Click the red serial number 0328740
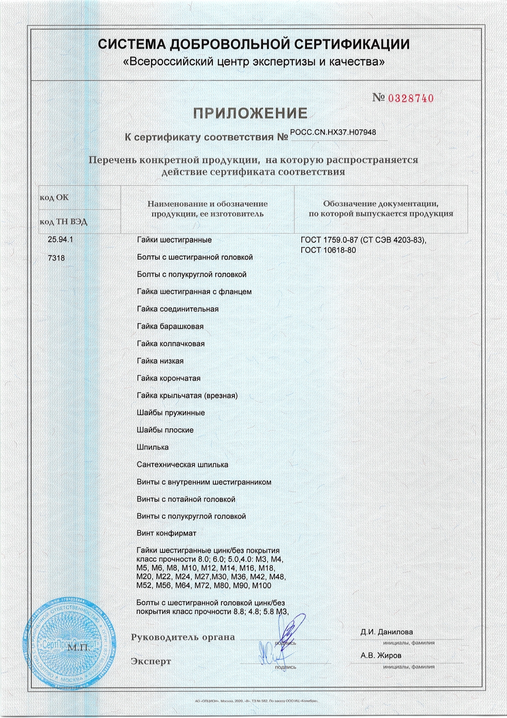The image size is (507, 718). (410, 99)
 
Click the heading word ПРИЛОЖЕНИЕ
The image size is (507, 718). (250, 113)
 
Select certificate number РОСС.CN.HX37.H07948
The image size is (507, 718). (333, 133)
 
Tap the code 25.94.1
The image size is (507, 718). (60, 240)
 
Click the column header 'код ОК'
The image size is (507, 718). (54, 197)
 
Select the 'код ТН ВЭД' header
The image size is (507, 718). (63, 222)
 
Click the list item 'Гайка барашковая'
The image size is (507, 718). (170, 326)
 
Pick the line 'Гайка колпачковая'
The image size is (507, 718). (171, 344)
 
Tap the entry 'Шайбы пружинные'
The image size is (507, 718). (171, 413)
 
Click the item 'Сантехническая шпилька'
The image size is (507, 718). (182, 465)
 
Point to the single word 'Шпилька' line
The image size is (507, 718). (153, 447)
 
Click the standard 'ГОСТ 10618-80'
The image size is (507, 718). (328, 250)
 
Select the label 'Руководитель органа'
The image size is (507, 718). (183, 637)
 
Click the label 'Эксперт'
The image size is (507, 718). (151, 662)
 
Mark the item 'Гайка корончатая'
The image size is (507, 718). (168, 378)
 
